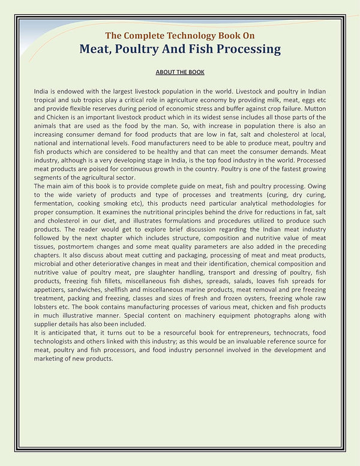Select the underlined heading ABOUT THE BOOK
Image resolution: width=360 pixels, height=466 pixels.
[x=180, y=73]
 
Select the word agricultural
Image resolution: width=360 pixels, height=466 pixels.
[x=112, y=178]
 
